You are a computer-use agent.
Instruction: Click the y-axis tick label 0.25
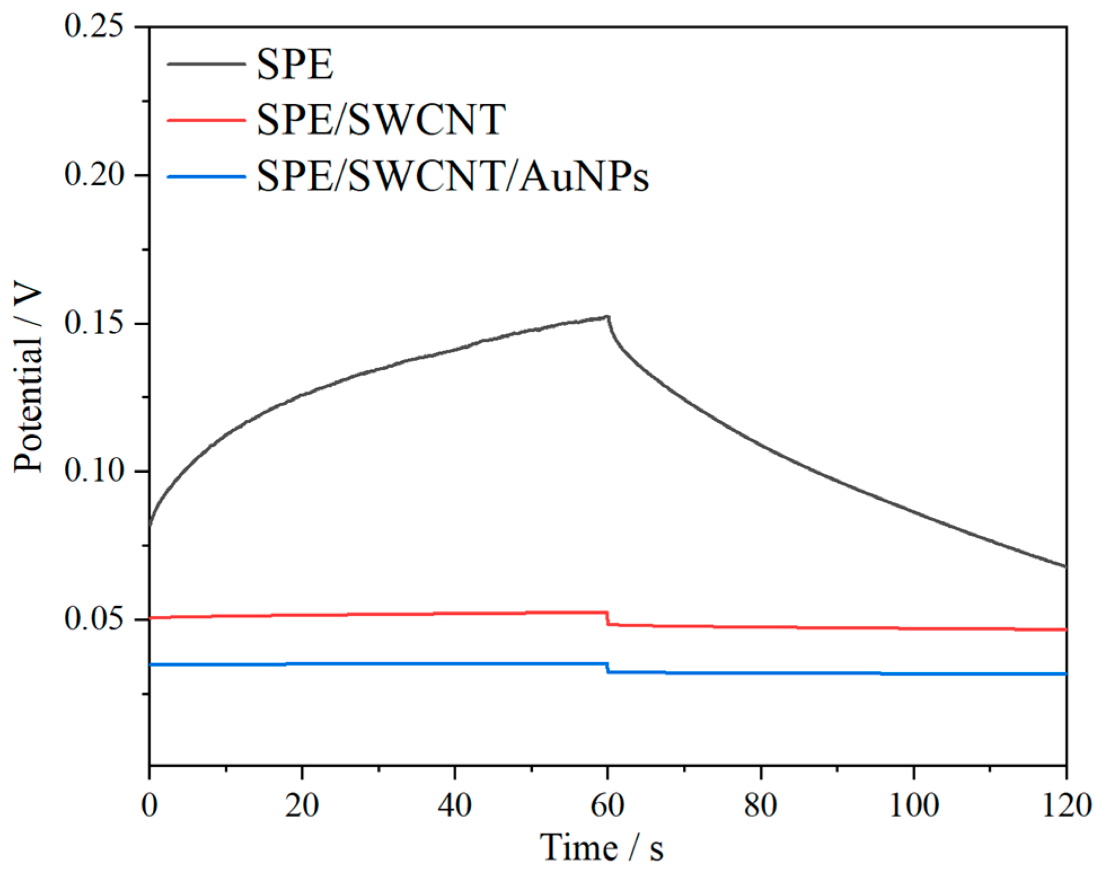pos(93,26)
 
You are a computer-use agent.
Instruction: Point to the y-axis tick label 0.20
pos(93,174)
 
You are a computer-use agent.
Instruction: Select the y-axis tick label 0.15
pos(93,323)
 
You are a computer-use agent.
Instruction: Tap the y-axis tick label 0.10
pos(93,470)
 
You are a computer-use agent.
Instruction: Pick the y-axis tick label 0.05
pos(93,619)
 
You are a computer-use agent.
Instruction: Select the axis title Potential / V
pos(28,379)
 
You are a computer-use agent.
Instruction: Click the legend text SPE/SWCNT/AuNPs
pos(453,176)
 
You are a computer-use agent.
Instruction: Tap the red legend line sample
pos(206,120)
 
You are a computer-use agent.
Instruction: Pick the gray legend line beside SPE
pos(206,64)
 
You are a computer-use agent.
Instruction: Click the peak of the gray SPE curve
pos(608,317)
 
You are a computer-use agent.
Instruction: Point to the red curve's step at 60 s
pos(608,618)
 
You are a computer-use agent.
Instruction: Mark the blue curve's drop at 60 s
pos(608,668)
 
